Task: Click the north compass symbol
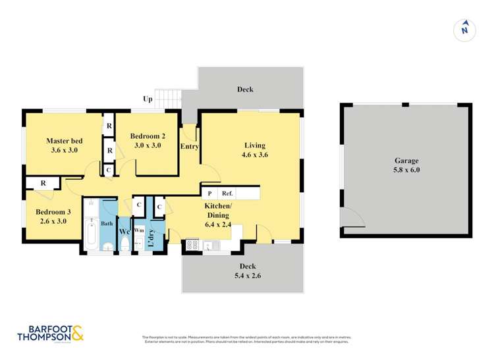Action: click(x=464, y=29)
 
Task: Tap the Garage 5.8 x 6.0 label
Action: click(x=406, y=165)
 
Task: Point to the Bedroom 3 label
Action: click(x=53, y=216)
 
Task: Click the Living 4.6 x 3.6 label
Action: click(x=254, y=150)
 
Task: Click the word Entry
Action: click(x=189, y=147)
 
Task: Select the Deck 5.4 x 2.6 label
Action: click(x=243, y=271)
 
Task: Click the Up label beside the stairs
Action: click(x=148, y=99)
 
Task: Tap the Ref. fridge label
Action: click(x=227, y=193)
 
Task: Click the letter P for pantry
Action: click(x=209, y=193)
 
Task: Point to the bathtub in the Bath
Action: click(x=92, y=234)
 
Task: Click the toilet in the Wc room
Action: click(x=124, y=244)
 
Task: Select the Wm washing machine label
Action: click(x=139, y=230)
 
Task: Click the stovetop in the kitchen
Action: click(x=194, y=245)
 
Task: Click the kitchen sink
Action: click(x=215, y=245)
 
